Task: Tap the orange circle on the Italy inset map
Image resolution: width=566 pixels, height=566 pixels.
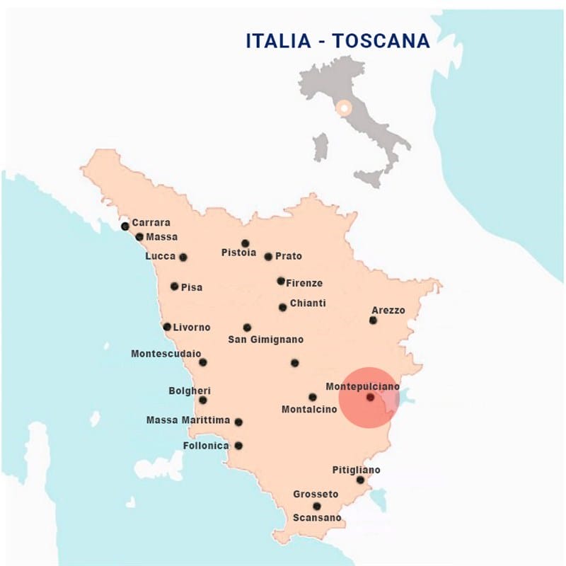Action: tap(344, 108)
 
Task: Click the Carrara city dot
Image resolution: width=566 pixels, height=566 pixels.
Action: tap(125, 226)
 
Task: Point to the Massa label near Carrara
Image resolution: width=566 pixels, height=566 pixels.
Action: tap(162, 236)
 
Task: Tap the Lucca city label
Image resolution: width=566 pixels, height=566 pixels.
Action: tap(160, 255)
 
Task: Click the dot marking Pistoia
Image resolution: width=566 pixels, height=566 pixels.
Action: tap(246, 243)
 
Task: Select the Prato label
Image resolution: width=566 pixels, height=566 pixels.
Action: tap(288, 255)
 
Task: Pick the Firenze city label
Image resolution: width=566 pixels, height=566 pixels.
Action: tap(304, 283)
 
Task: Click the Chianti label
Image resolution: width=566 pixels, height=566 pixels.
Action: tap(308, 303)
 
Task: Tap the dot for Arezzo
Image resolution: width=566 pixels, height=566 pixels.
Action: tap(373, 320)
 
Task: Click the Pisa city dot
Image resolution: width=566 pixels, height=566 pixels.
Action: tap(175, 287)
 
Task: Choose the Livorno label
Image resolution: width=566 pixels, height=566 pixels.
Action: tap(192, 327)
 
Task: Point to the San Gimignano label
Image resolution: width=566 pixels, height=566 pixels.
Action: tap(265, 340)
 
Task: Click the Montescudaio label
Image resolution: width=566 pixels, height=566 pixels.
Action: tap(166, 353)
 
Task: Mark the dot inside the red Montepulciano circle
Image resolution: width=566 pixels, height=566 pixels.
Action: tap(370, 398)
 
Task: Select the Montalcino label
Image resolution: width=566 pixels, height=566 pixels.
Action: tap(309, 410)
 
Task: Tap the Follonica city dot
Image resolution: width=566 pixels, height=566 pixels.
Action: tap(238, 446)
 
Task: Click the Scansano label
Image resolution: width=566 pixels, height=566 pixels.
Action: tap(317, 518)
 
